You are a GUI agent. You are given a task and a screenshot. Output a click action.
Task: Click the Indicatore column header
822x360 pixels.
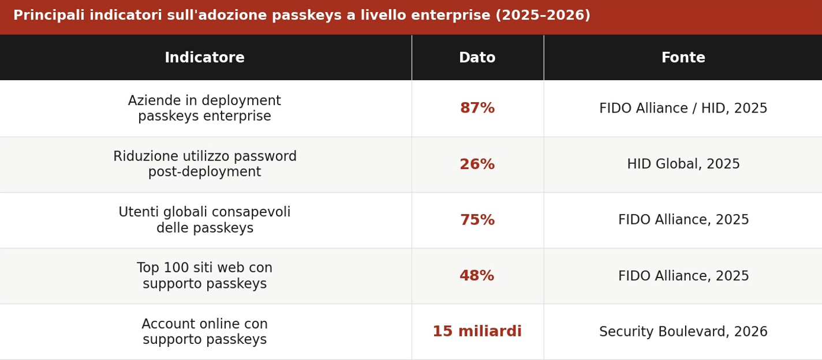pos(204,58)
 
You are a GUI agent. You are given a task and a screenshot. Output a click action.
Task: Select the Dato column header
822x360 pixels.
pos(477,58)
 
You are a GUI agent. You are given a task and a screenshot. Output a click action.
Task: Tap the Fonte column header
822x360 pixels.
pos(683,58)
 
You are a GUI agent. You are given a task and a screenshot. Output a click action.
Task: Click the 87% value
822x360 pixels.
pos(477,108)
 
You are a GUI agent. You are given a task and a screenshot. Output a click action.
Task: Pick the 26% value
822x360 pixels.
pos(477,164)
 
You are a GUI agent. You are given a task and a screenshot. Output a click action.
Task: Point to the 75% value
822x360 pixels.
pos(477,220)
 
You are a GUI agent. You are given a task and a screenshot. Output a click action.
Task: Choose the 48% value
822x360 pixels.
pos(477,276)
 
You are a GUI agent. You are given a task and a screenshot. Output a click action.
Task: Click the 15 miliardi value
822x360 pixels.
pos(477,332)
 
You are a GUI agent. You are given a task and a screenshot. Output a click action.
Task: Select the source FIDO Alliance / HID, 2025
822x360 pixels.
pos(683,108)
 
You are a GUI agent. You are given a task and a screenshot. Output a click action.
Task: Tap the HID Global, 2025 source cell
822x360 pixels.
pos(683,164)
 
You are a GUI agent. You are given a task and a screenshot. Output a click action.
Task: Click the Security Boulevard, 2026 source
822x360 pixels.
pos(683,332)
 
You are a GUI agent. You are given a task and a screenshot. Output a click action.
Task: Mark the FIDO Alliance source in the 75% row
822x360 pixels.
pos(683,220)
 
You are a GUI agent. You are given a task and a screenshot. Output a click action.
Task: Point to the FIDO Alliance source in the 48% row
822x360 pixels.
pos(683,276)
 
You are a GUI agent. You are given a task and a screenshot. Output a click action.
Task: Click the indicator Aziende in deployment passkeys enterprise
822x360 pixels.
pos(204,108)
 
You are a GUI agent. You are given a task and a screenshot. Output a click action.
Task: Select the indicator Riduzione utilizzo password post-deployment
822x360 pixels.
pos(204,164)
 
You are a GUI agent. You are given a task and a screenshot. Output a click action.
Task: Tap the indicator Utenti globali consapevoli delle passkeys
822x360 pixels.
pos(204,220)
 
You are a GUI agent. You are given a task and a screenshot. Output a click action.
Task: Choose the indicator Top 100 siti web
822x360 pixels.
pos(204,276)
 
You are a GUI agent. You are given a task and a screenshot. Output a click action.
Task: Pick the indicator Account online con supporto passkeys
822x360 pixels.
pos(204,332)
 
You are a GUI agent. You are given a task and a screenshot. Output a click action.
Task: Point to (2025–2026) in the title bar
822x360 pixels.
pos(543,16)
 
